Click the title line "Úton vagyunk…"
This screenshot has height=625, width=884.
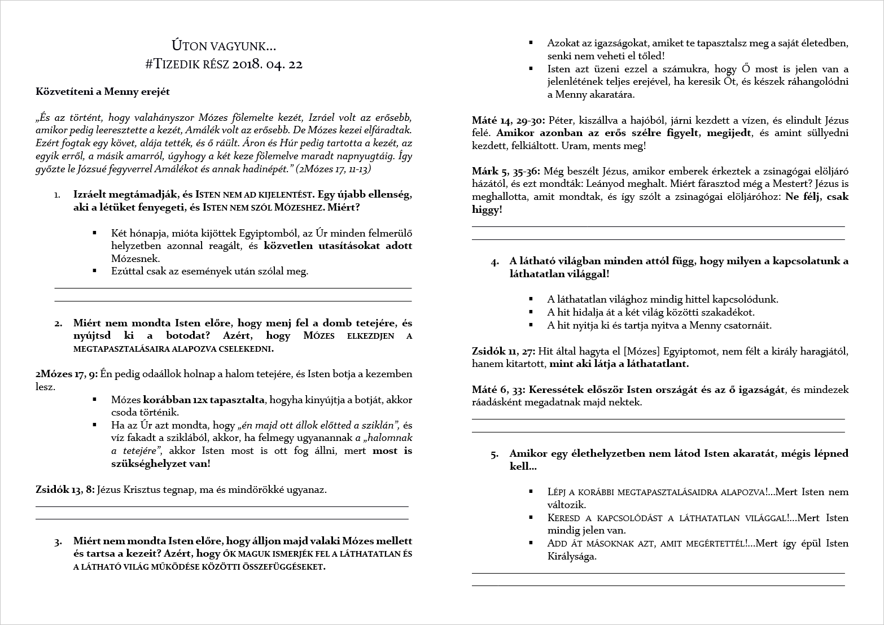(224, 46)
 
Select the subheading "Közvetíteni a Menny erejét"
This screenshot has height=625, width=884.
(103, 91)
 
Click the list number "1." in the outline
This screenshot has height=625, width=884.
(58, 195)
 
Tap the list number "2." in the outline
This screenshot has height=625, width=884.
(58, 324)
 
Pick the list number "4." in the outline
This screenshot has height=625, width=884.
(494, 262)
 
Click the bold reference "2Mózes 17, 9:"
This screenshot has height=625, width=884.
(66, 374)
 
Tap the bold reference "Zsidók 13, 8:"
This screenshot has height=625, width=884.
(65, 490)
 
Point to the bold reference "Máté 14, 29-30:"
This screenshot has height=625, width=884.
(508, 121)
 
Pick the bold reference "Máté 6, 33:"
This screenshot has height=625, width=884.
(499, 390)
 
